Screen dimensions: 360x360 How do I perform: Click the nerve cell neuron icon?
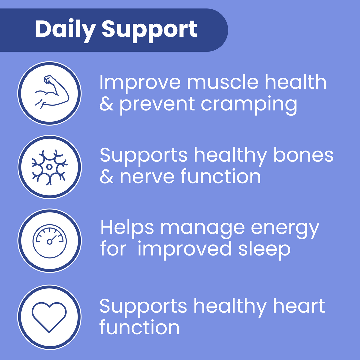pyautogui.click(x=49, y=167)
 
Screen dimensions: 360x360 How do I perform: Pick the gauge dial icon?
pyautogui.click(x=50, y=241)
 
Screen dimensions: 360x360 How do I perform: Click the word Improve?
pyautogui.click(x=140, y=84)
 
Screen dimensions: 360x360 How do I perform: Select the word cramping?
pyautogui.click(x=249, y=106)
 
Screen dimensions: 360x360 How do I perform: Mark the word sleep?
pyautogui.click(x=264, y=251)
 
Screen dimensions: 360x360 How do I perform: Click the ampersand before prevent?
pyautogui.click(x=106, y=104)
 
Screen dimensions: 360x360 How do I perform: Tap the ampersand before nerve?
pyautogui.click(x=107, y=176)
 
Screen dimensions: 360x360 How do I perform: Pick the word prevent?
pyautogui.click(x=157, y=106)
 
